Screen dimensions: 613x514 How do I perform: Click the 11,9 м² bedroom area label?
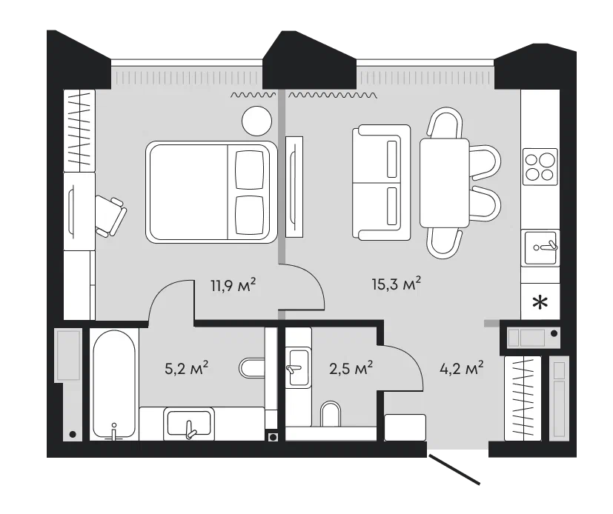coord(233,285)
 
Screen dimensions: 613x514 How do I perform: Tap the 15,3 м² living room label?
coord(396,284)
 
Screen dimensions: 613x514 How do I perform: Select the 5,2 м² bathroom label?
coord(187,368)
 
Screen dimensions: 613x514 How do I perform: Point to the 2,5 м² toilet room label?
coord(351,368)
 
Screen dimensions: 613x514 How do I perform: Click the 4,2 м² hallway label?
coord(462,368)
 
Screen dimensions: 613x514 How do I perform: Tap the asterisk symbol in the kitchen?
coord(540,303)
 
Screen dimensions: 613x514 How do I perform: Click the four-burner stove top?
coord(540,167)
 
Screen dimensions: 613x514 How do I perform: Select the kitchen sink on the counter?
coord(540,248)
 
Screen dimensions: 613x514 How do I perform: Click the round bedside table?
coord(257,121)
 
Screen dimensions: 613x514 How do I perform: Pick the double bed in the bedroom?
coord(211,192)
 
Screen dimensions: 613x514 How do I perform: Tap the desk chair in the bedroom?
coord(110,216)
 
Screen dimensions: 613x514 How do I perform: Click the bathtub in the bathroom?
coord(114,385)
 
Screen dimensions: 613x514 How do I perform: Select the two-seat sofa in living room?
coord(381,182)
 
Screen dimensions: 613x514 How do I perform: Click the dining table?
coord(445,183)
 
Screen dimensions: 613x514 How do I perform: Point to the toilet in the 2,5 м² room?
coord(331,413)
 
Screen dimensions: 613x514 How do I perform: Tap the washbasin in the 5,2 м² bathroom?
coord(189,423)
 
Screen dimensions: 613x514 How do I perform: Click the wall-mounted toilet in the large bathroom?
coord(252,368)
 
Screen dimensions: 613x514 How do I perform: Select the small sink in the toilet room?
coord(298,368)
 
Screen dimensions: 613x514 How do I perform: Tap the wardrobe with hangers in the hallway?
coord(523,398)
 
